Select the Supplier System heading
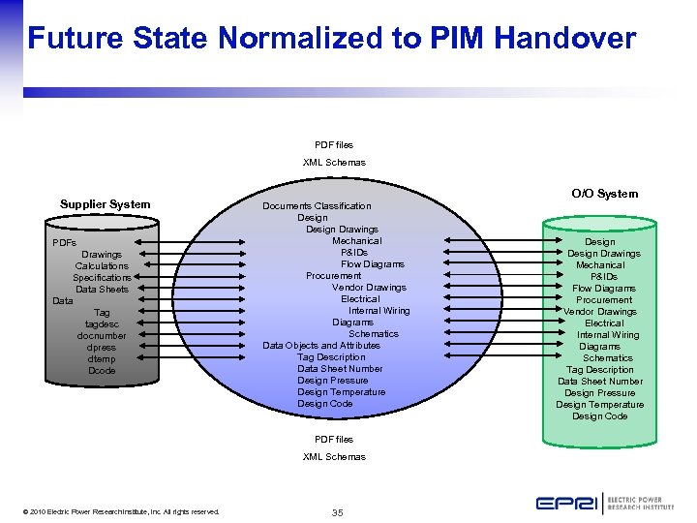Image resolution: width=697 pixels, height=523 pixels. click(x=106, y=204)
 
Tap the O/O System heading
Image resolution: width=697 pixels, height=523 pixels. click(x=604, y=194)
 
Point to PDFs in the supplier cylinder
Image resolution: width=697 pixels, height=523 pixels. click(x=65, y=243)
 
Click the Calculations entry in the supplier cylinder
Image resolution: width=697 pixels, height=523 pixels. click(x=102, y=266)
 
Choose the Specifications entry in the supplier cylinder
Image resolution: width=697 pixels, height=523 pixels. click(x=102, y=278)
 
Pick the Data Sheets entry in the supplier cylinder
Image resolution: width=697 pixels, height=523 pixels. click(x=102, y=290)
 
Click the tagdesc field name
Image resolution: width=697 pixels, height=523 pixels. click(x=102, y=324)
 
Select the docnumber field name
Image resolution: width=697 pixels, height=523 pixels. click(x=102, y=336)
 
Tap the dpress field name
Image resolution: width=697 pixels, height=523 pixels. click(x=102, y=348)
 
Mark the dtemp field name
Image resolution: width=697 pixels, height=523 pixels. click(x=102, y=359)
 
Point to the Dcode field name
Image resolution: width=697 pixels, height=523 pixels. click(x=102, y=371)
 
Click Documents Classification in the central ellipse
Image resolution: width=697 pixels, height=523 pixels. click(x=317, y=206)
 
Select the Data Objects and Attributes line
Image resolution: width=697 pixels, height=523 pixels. click(x=321, y=346)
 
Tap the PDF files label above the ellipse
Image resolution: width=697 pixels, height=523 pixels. click(x=334, y=145)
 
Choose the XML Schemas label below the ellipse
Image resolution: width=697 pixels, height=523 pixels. click(x=334, y=457)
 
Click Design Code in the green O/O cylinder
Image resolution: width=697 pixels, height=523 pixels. click(x=599, y=416)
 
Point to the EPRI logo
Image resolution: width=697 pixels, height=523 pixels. click(x=604, y=504)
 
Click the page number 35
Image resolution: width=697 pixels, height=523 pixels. click(x=337, y=511)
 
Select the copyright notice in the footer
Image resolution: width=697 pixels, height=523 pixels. click(x=123, y=511)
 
